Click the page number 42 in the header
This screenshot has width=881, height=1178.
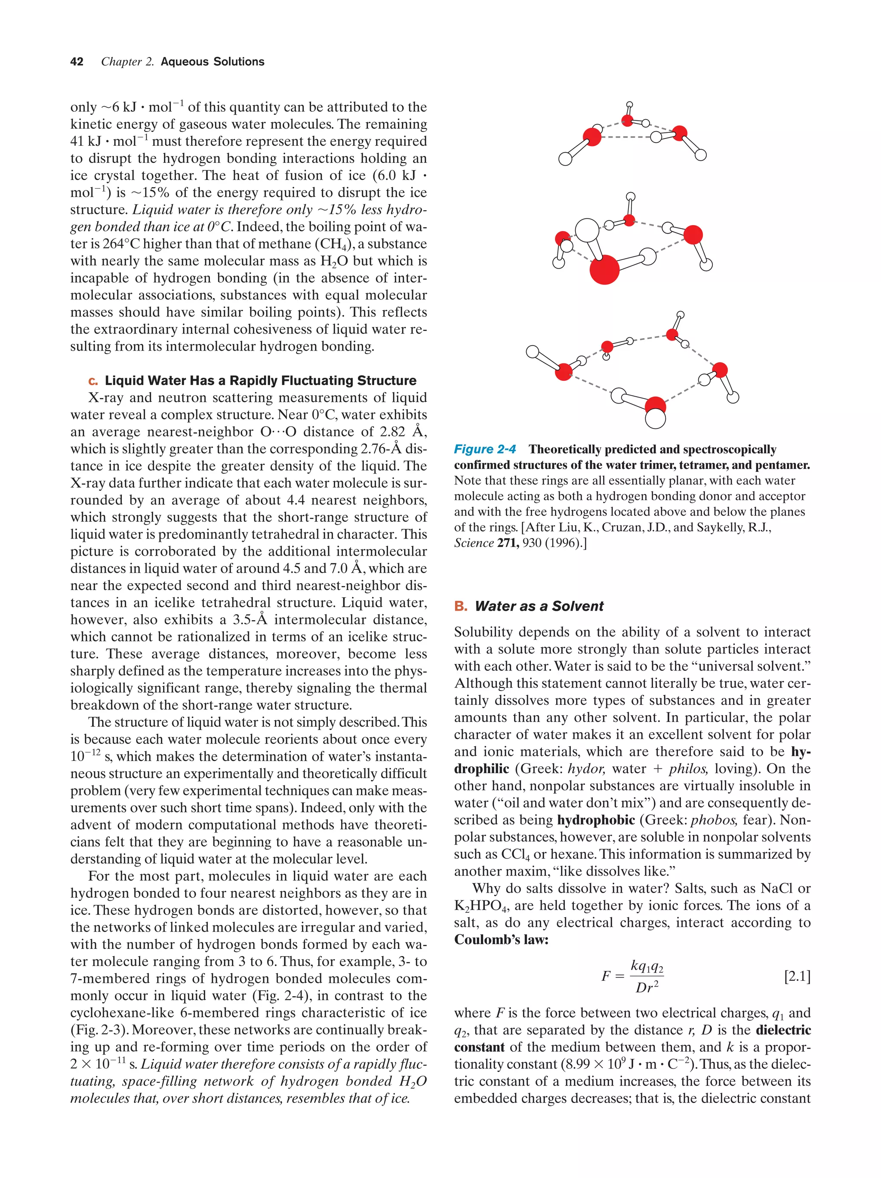(x=77, y=62)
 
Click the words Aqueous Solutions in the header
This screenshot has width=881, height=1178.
(x=212, y=62)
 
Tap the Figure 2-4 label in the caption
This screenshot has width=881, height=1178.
(x=484, y=449)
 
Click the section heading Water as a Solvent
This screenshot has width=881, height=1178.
(x=539, y=606)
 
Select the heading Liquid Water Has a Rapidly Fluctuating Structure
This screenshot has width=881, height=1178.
(x=260, y=380)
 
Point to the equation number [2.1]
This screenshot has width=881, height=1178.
(x=797, y=976)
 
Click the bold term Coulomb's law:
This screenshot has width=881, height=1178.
(x=501, y=940)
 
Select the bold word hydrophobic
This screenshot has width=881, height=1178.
(x=596, y=820)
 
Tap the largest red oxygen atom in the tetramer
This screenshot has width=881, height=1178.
(x=604, y=269)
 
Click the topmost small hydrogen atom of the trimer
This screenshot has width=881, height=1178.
(x=629, y=105)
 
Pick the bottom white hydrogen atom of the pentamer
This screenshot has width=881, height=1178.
(x=655, y=419)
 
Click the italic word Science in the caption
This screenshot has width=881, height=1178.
(x=473, y=543)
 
